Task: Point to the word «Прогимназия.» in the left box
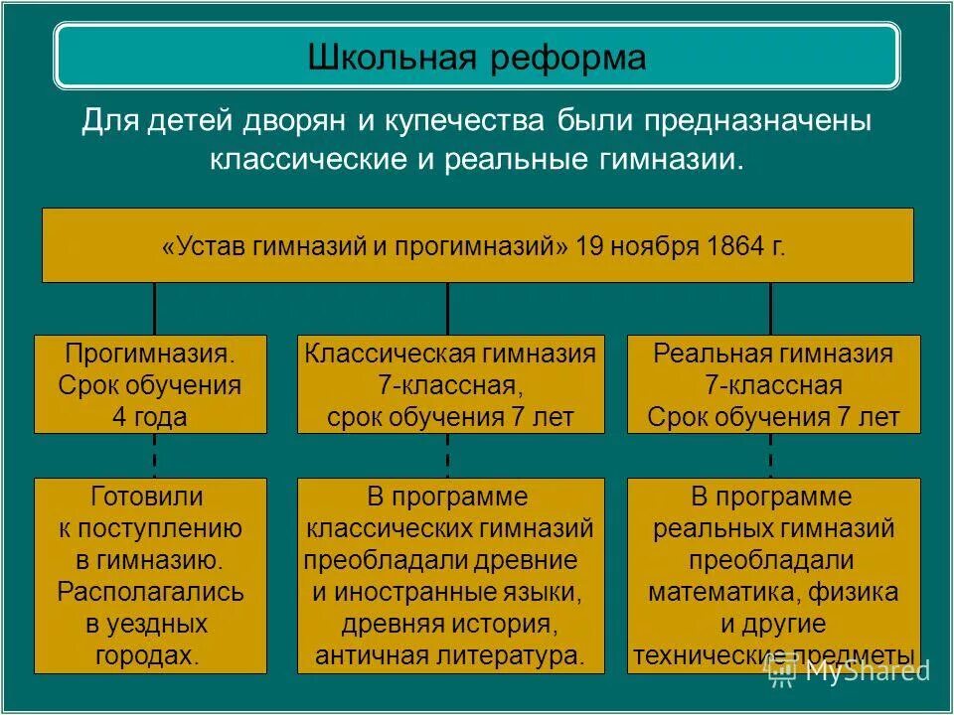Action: tap(151, 354)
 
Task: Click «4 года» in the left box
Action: tap(150, 417)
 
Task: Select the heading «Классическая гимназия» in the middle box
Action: tap(450, 354)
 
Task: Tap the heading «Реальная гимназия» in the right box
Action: tap(773, 354)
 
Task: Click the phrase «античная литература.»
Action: tap(450, 655)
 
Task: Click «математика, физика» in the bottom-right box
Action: tap(773, 593)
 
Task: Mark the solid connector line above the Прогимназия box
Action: tap(154, 309)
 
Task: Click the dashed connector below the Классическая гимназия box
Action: tap(447, 456)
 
